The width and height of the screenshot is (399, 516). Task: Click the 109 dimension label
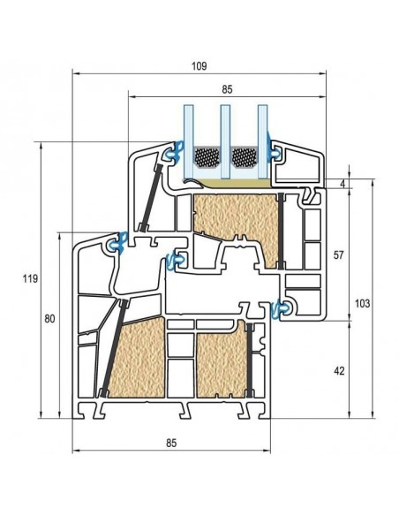pos(199,66)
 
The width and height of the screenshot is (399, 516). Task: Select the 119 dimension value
pos(30,279)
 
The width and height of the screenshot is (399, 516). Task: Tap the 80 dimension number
pos(49,319)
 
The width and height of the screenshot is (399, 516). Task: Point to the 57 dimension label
pos(338,254)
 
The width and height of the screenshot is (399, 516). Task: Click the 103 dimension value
pos(362,303)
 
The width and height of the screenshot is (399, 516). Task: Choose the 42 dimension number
pos(339,371)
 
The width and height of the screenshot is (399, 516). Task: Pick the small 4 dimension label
pos(343,184)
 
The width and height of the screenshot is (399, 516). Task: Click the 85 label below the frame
pos(171,443)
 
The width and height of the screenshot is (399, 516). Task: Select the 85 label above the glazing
pos(227,89)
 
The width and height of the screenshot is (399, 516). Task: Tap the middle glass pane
pos(225,141)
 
